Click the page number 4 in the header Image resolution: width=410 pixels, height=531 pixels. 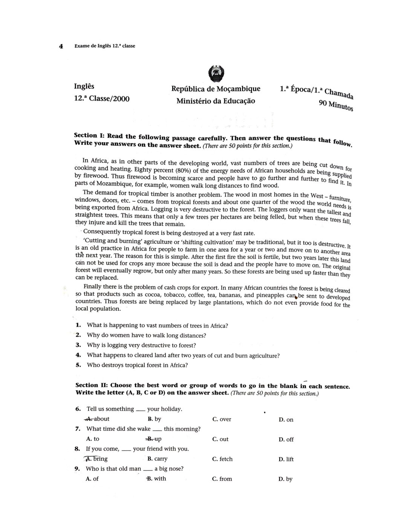click(60, 46)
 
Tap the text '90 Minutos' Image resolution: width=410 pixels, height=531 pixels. click(336, 105)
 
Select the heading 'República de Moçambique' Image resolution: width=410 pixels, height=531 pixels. click(216, 89)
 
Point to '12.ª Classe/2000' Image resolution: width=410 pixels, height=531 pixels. click(102, 99)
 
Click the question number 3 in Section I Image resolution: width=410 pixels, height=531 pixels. click(78, 345)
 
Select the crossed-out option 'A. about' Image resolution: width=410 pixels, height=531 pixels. click(97, 419)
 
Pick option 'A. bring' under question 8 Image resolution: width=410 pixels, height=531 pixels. click(96, 459)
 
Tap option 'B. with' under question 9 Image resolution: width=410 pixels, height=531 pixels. click(156, 479)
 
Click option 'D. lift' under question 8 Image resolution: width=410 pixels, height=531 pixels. click(286, 459)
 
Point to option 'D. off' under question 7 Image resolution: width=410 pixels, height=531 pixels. click(286, 439)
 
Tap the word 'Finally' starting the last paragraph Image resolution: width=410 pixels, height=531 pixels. click(93, 287)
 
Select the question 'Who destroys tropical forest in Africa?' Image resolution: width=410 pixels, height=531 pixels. click(137, 365)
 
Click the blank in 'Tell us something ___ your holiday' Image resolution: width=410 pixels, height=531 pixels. click(140, 410)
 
